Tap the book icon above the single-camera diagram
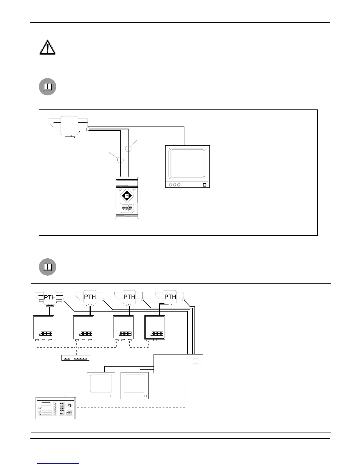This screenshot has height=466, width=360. pos(48,87)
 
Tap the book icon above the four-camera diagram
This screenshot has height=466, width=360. pos(48,267)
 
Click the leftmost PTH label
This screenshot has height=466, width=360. pos(50,297)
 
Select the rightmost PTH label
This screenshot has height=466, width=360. pos(170,297)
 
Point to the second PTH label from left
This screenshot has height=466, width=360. pos(90,297)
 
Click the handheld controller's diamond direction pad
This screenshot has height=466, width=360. pos(127,195)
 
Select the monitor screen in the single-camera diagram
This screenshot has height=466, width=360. pos(187,164)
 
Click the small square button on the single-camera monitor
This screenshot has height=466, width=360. pos(205,185)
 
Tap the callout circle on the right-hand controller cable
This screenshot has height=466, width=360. pos(128,149)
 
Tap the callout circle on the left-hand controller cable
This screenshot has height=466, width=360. pos(120,160)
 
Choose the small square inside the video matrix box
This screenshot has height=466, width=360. pos(195,361)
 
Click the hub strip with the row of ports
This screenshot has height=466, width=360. pos(75,358)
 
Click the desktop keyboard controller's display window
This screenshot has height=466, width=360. pos(46,404)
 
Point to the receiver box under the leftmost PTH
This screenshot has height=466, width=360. pos(44,327)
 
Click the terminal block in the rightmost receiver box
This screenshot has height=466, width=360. pos(157,334)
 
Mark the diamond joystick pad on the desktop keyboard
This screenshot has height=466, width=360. pos(69,406)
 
